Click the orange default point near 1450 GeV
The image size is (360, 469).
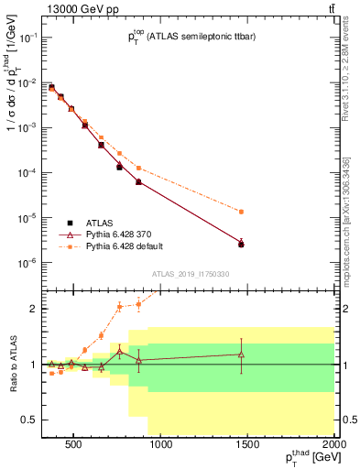click(x=241, y=212)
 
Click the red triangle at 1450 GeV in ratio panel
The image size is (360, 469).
click(x=241, y=354)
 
